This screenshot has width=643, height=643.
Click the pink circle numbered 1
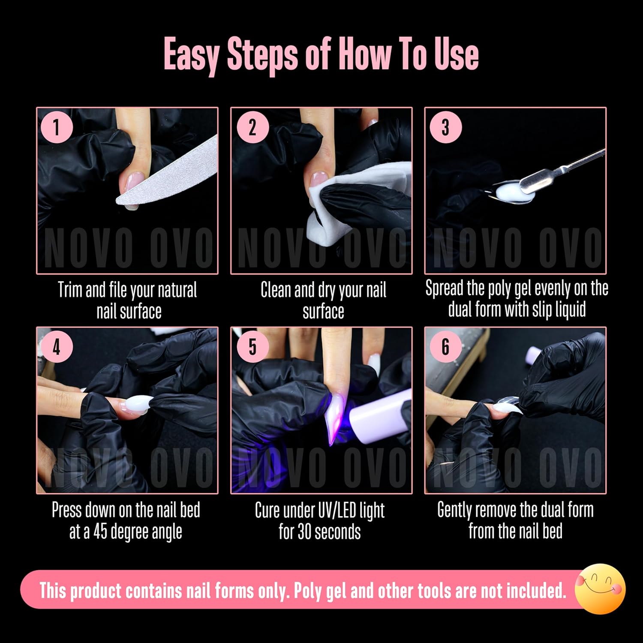coord(56,127)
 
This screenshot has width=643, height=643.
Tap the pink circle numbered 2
coord(252,127)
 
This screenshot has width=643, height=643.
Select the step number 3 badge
coord(445,127)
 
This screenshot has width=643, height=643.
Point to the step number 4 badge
coord(56,347)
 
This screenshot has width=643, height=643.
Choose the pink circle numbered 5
coord(252,347)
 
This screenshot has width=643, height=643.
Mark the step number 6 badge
coord(445,347)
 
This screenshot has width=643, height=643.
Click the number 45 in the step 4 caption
coord(100,532)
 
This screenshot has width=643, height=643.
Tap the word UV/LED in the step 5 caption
coord(335,510)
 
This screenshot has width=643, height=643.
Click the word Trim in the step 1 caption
coord(70,290)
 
